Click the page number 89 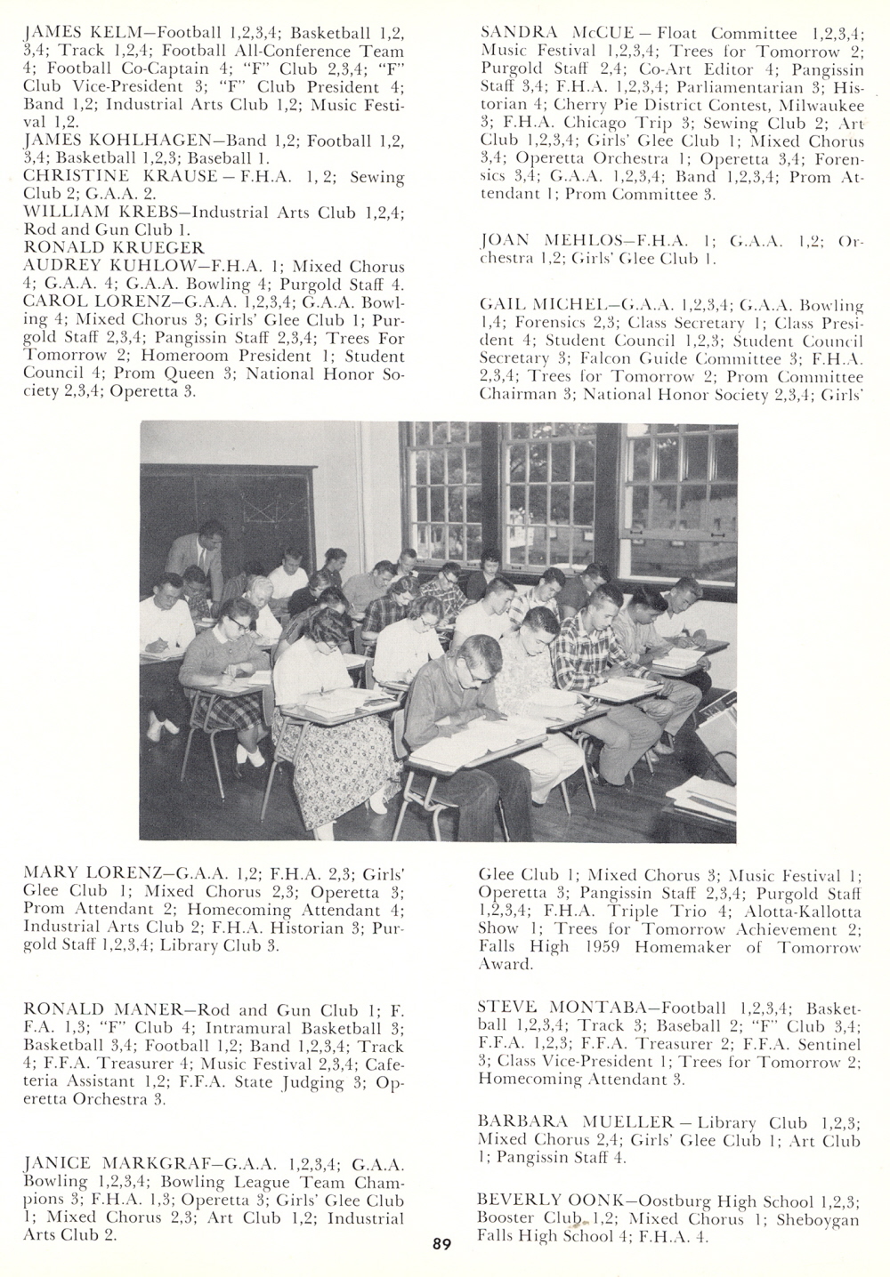[x=441, y=1244]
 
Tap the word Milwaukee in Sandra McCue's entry [x=813, y=104]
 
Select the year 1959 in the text [x=603, y=946]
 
